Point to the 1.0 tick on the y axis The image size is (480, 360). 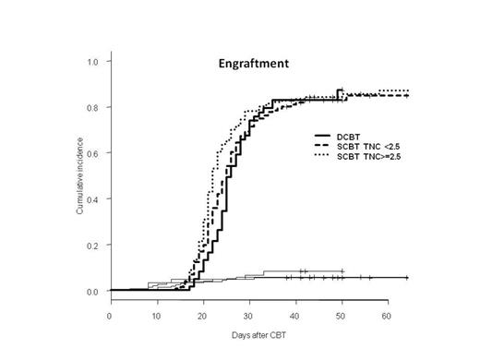(x=93, y=61)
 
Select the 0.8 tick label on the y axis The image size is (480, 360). (x=93, y=107)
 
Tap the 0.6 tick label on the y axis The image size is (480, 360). (x=93, y=153)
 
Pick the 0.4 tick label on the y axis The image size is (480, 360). (x=93, y=199)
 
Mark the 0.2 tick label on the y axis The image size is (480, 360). (x=93, y=246)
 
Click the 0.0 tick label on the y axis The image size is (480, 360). (x=93, y=292)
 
